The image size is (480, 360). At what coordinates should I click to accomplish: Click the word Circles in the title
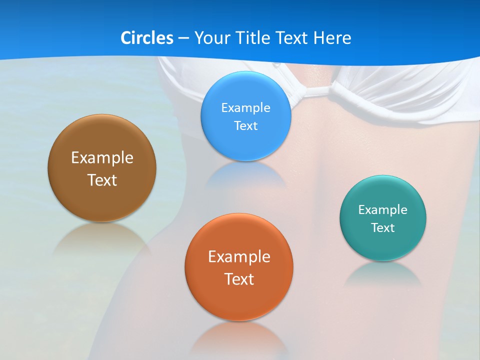pos(146,38)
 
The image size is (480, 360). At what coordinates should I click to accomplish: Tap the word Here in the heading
pos(332,38)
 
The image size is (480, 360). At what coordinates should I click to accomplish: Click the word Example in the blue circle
pos(245,107)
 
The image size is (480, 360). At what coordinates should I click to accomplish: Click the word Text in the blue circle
pos(245,125)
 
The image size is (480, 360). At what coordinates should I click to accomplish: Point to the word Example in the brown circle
pos(102,158)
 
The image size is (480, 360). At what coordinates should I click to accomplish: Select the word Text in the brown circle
pos(102,180)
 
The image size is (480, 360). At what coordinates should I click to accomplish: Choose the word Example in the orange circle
pos(239,257)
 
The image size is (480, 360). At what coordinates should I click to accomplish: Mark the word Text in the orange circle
pos(239,279)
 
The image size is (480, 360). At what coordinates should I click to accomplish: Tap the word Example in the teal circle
pos(383,209)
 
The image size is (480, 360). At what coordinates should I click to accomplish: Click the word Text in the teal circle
pos(383,227)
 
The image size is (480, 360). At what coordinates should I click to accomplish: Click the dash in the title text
pos(183,38)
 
